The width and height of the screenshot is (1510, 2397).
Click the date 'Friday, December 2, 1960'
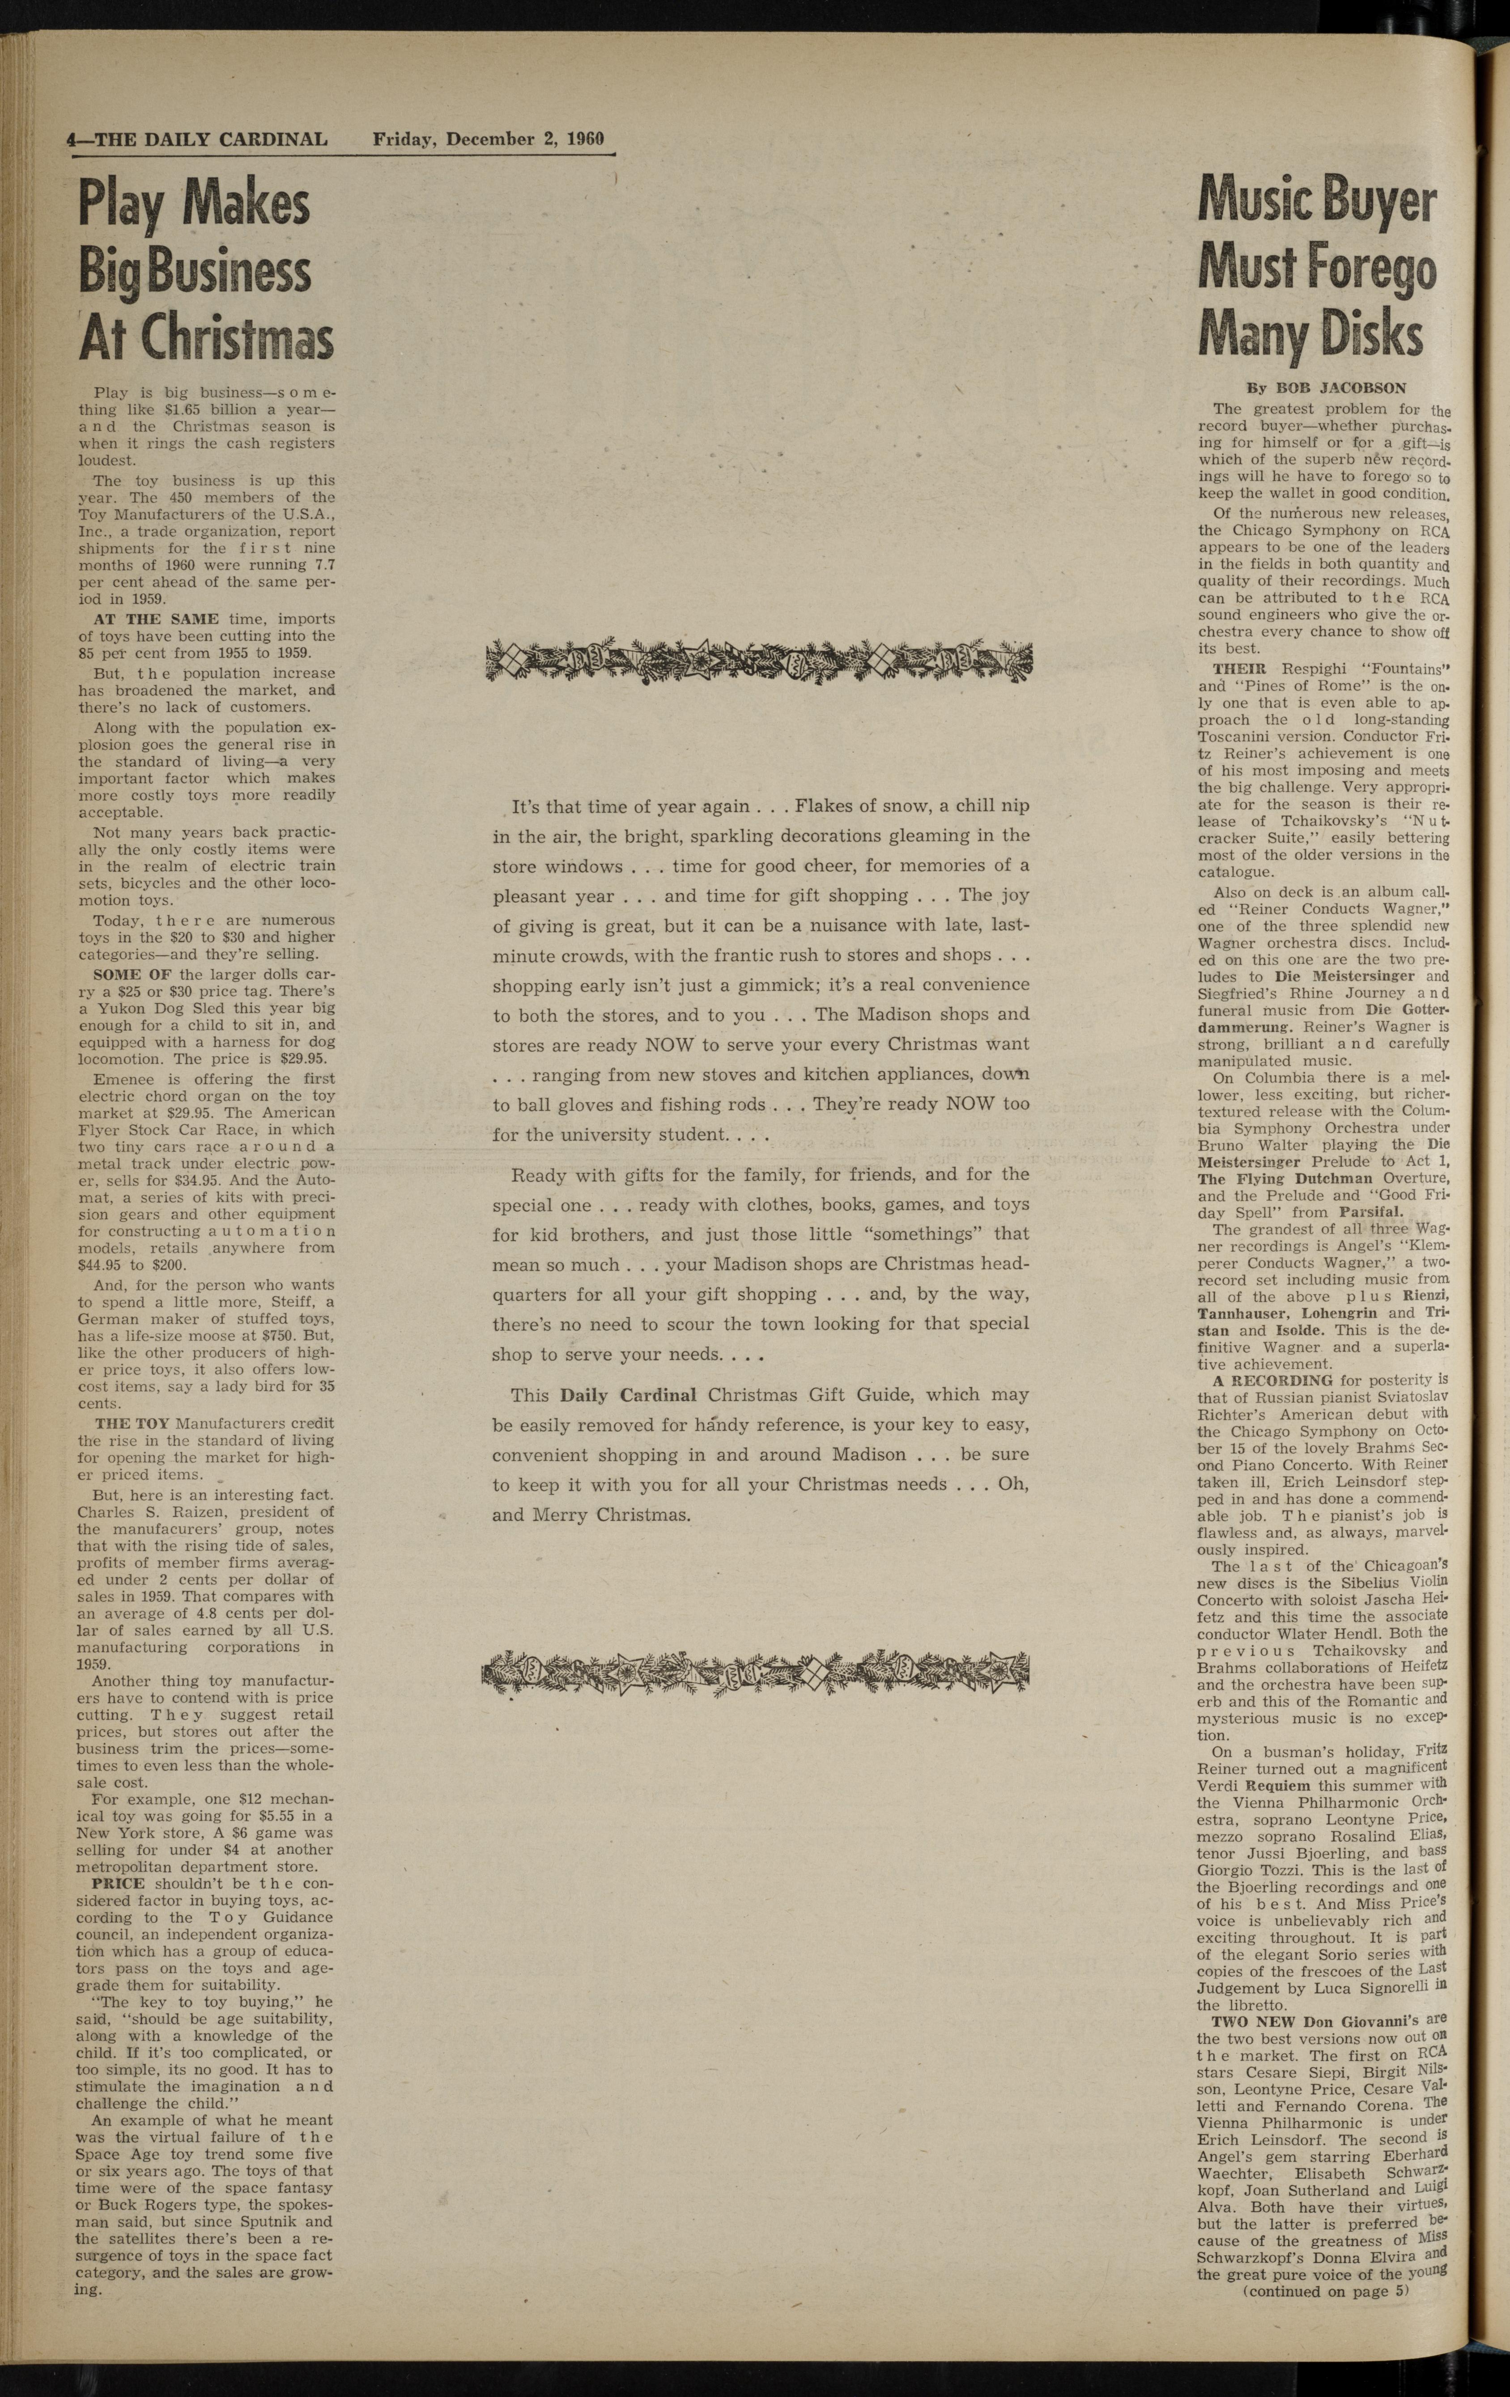tap(488, 139)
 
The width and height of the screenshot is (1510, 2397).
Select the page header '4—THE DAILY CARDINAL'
tap(196, 139)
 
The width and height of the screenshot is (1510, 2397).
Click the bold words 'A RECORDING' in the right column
tap(1272, 1380)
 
